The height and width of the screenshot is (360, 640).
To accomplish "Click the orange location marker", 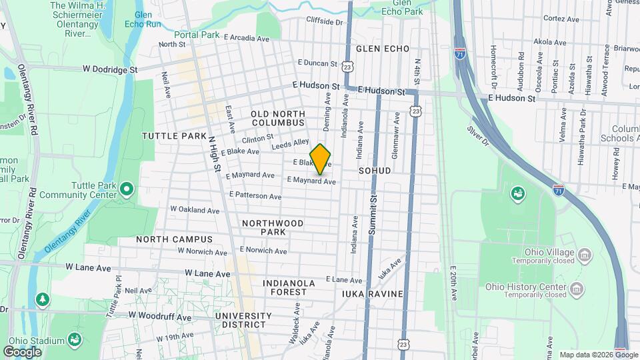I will pos(321,158).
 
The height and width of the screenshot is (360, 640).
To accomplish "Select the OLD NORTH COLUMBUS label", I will pos(278,119).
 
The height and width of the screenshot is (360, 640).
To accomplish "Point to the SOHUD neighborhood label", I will pos(374,171).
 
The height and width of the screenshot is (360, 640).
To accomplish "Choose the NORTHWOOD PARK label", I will pos(273,227).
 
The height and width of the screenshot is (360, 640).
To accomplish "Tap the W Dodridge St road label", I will pos(110,69).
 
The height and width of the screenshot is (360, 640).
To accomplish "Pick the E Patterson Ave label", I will pos(255,195).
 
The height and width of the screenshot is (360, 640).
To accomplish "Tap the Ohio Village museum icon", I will pos(585,255).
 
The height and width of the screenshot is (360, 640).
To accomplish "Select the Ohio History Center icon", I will pos(577,289).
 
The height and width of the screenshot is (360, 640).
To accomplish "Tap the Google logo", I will pos(22,351).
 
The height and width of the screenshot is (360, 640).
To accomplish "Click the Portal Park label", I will pos(197,35).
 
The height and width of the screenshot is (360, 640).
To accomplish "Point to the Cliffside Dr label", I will pos(324,22).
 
